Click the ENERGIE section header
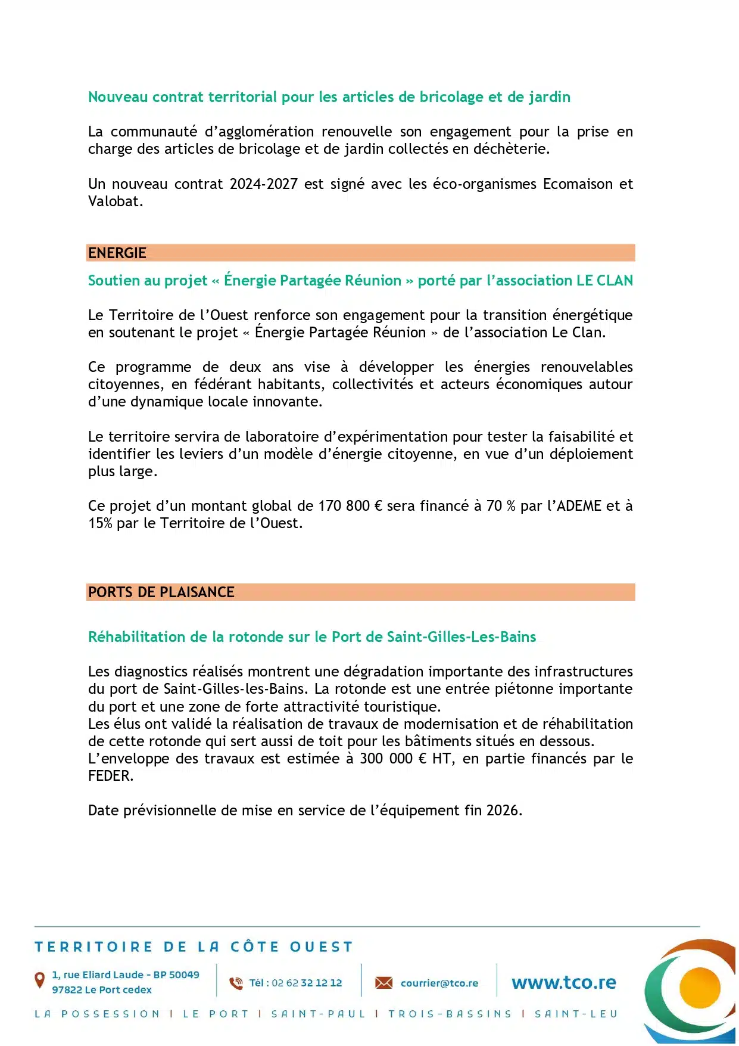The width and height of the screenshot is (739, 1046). tap(117, 253)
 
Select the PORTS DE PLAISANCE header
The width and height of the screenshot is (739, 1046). tap(161, 592)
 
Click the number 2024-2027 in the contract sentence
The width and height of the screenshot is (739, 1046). tap(264, 184)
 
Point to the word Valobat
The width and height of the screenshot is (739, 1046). tap(115, 201)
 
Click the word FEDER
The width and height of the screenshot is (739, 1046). tap(110, 776)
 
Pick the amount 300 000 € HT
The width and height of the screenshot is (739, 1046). tap(406, 759)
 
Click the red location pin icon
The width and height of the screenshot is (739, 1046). tap(40, 979)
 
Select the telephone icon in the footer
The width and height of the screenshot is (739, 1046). tap(236, 983)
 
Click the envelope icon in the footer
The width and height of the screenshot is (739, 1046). tap(384, 983)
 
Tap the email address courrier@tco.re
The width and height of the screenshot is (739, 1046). tap(439, 983)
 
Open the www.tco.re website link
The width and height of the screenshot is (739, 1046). tap(563, 983)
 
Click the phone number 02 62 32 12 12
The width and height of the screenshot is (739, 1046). tap(307, 983)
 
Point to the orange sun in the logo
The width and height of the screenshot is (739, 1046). tap(699, 988)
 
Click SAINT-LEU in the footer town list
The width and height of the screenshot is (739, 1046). tap(576, 1014)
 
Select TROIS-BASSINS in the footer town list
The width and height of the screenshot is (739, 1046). tap(450, 1014)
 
